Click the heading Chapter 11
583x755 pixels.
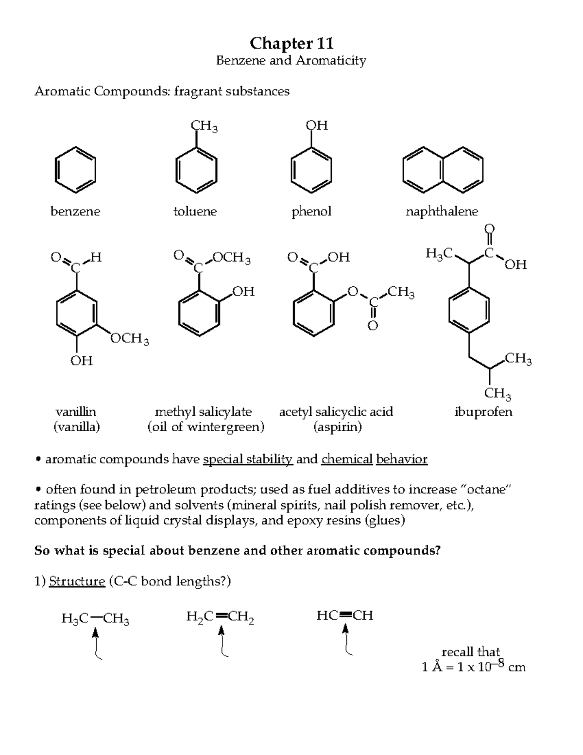(291, 43)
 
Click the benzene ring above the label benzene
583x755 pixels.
(75, 170)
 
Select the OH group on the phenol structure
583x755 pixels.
(317, 125)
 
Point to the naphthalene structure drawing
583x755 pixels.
(443, 170)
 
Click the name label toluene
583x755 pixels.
(195, 211)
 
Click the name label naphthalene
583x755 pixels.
(442, 211)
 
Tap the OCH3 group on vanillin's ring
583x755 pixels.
(129, 338)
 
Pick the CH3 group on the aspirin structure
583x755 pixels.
(401, 293)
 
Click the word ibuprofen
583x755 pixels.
(483, 412)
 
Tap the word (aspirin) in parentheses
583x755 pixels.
(337, 427)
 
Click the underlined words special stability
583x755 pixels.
(248, 459)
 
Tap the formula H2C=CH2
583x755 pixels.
(220, 617)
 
